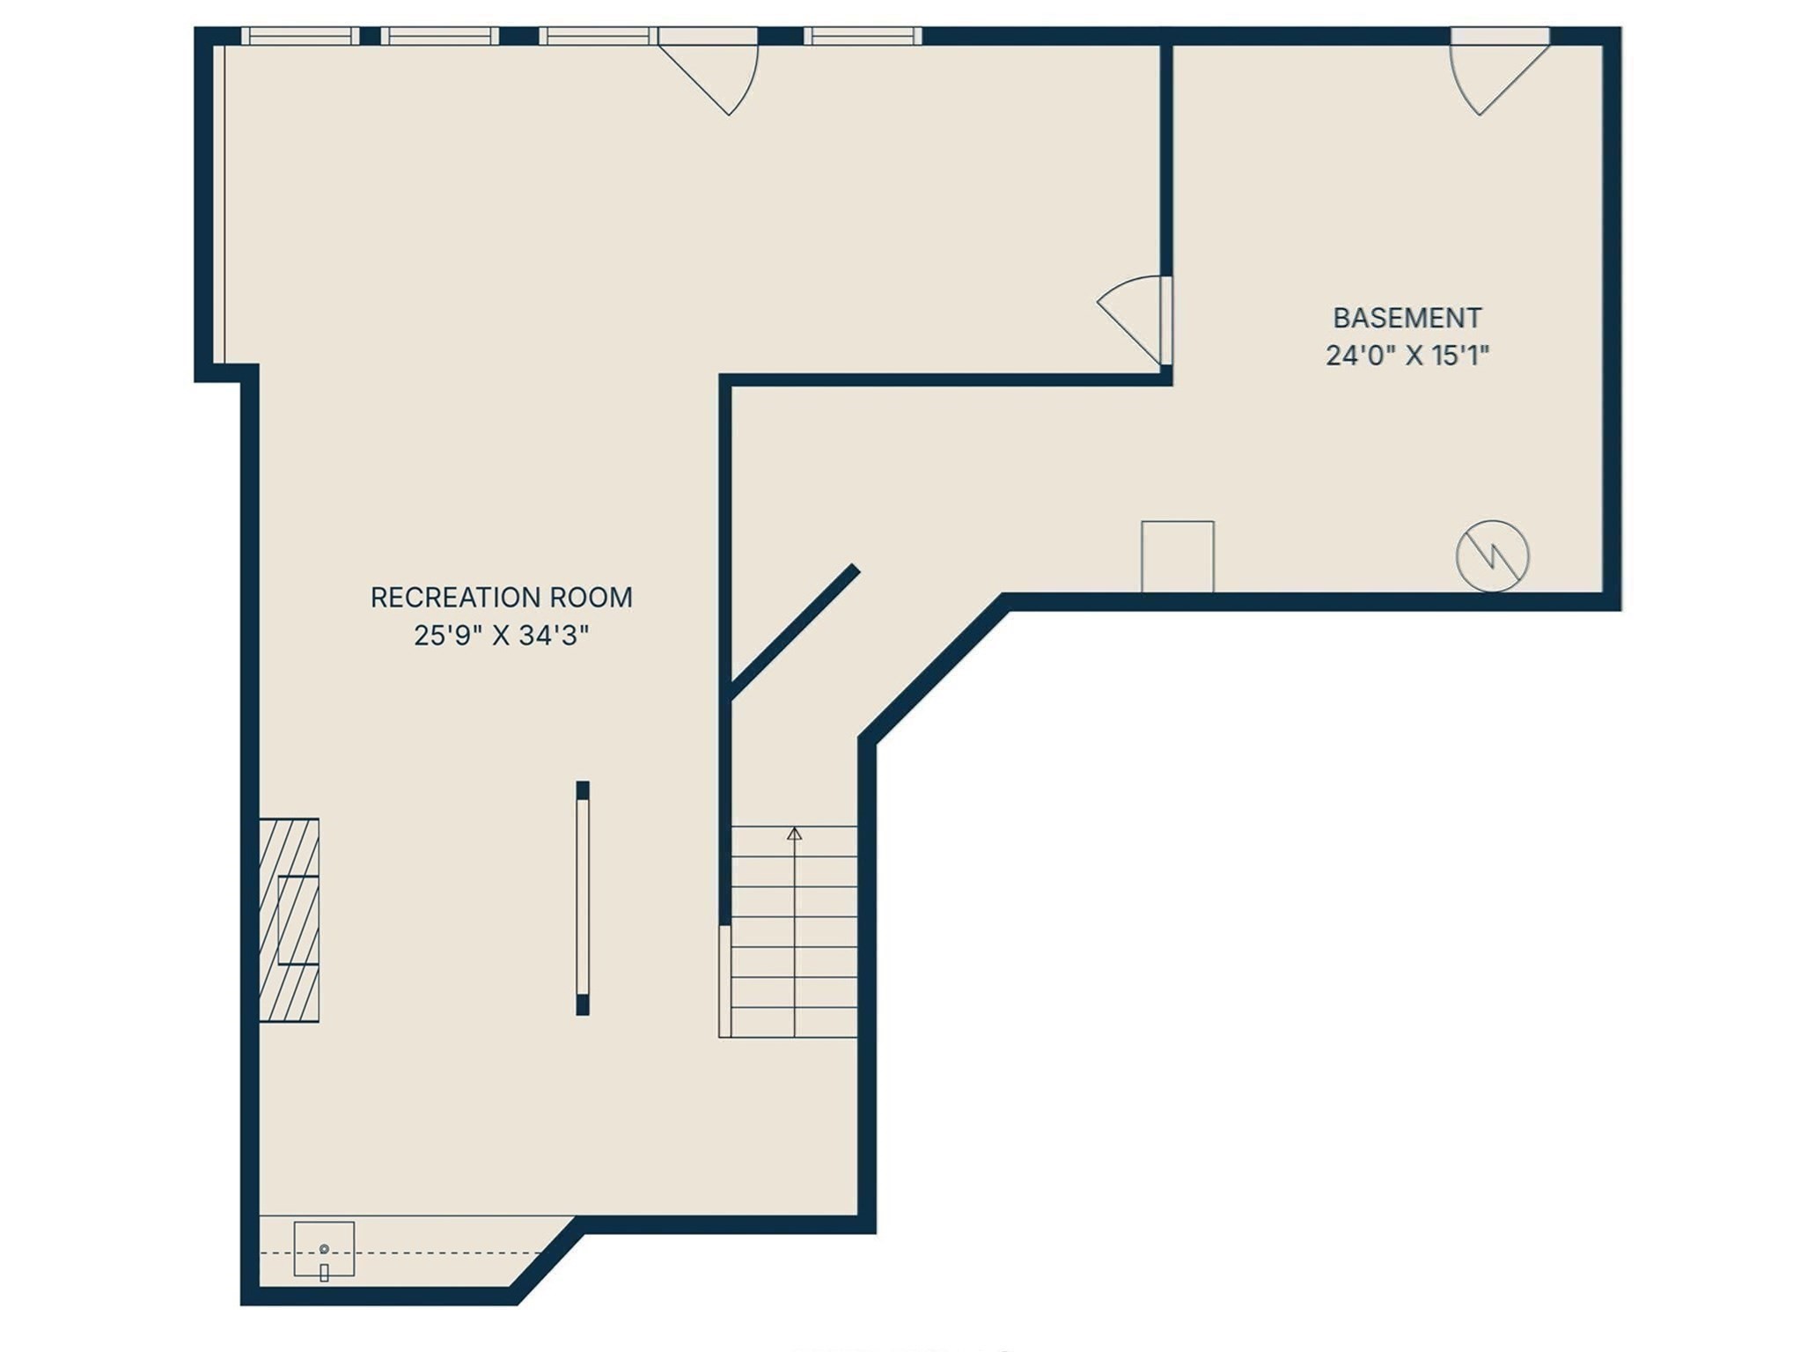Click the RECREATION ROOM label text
click(501, 598)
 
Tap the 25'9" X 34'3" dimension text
click(501, 636)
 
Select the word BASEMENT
click(1407, 318)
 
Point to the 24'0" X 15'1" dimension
click(1407, 356)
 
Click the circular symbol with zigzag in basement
click(1492, 555)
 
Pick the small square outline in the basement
click(1177, 556)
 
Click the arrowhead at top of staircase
click(794, 833)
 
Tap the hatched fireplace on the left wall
click(289, 920)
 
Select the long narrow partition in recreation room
click(582, 898)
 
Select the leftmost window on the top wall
click(300, 36)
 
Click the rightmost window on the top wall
click(862, 36)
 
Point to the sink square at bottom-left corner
click(324, 1248)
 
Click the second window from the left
click(439, 36)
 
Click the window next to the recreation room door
click(598, 36)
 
